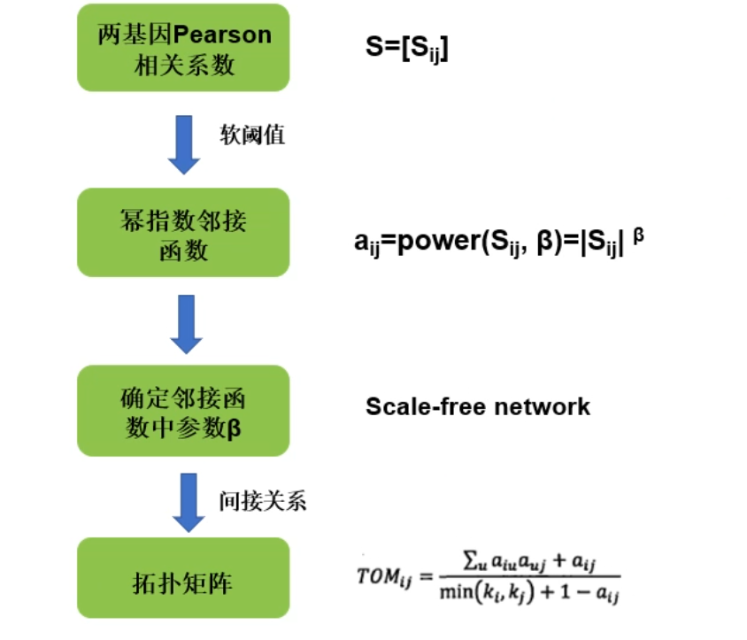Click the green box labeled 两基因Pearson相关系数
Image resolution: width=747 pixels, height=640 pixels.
(184, 47)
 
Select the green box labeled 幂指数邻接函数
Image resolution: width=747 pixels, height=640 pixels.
(184, 232)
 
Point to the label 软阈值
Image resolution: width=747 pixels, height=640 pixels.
(252, 135)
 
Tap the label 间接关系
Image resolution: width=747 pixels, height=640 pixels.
(263, 500)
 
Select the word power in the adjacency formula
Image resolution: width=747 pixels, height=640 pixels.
(437, 241)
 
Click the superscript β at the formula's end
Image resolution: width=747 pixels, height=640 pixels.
(638, 235)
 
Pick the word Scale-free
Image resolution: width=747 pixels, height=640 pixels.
(416, 406)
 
